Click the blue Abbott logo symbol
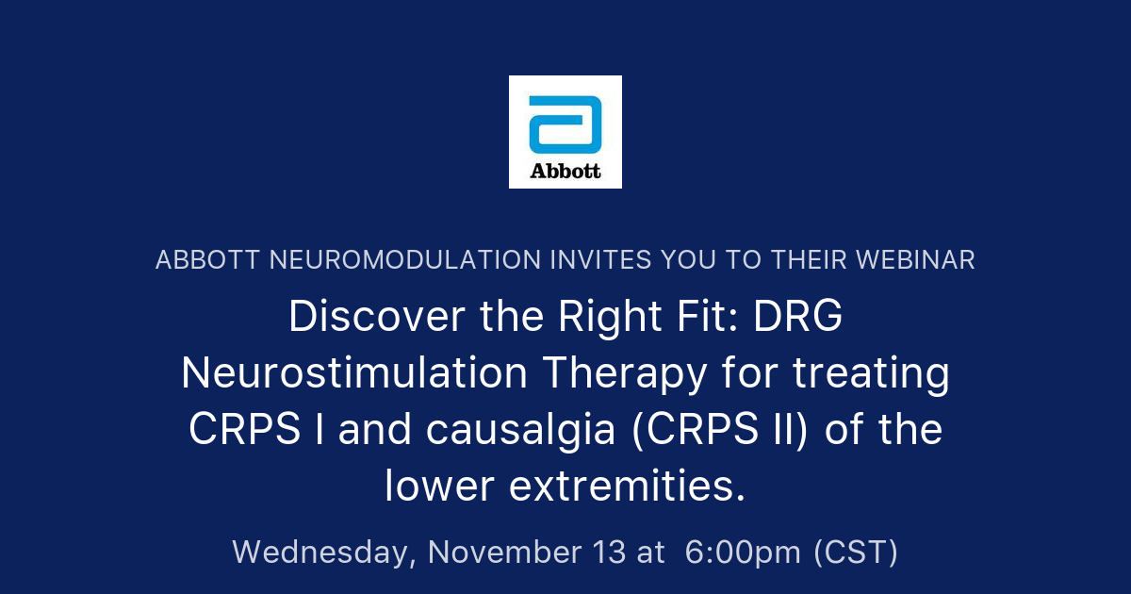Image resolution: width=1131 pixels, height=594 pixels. point(565,124)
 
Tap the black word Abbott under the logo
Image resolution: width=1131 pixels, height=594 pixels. point(565,172)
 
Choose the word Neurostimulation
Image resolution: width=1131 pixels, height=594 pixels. point(354,374)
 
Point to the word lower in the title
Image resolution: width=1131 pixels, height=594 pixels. point(439,487)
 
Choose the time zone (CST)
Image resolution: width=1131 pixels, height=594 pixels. point(856,553)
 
